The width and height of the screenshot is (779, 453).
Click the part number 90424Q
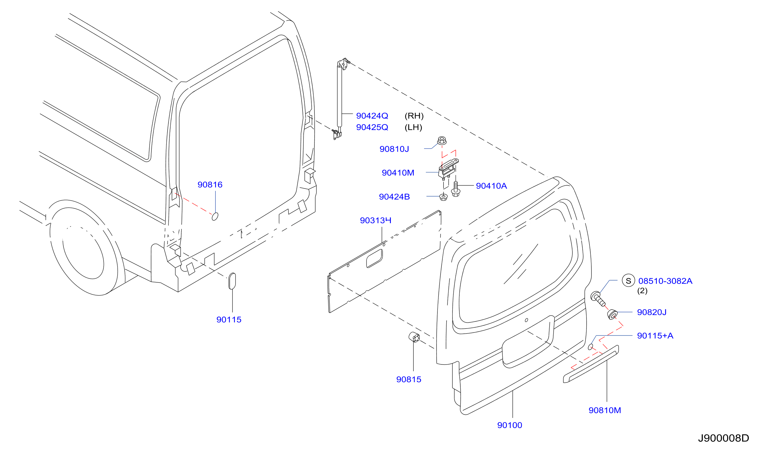[x=372, y=116]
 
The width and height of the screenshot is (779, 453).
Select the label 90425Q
[x=372, y=127]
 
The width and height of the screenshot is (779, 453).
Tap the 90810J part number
[x=394, y=149]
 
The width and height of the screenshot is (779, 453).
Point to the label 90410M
[x=398, y=173]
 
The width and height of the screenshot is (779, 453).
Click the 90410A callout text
[x=491, y=186]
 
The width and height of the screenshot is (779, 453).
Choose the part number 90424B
[x=395, y=197]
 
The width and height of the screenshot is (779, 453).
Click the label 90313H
[x=376, y=220]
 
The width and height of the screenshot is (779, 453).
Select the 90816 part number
[x=210, y=185]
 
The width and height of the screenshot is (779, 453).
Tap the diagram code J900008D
[x=724, y=438]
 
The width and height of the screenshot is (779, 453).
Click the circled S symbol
[x=629, y=281]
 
